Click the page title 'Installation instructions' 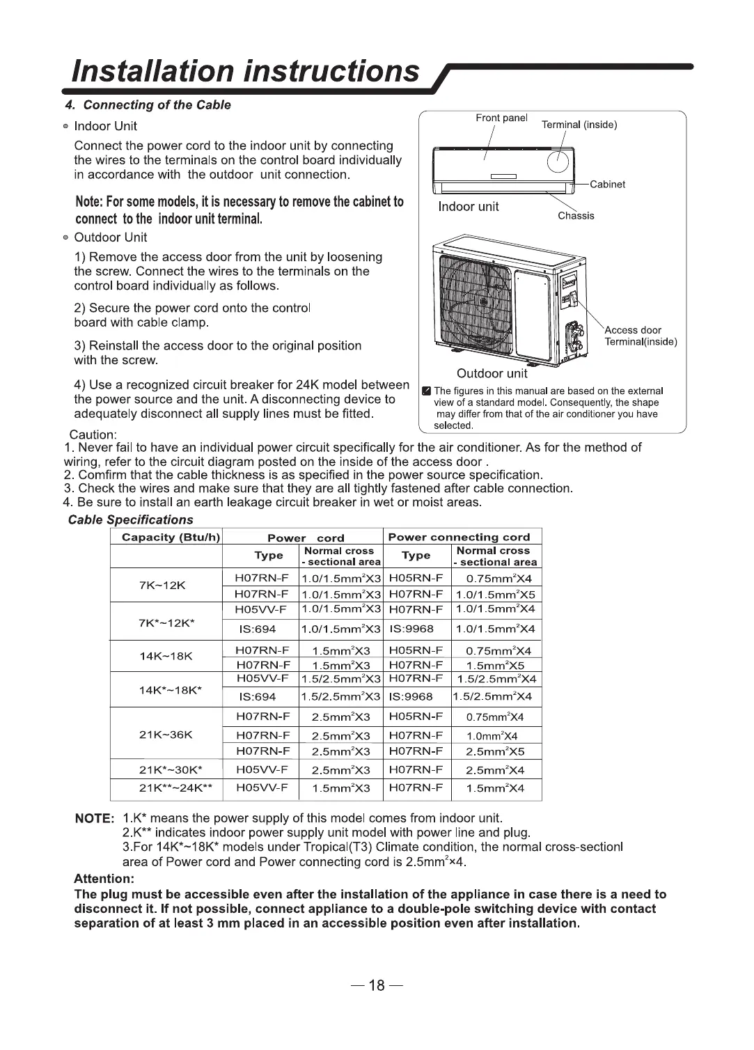click(x=247, y=71)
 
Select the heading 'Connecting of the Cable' click(x=157, y=105)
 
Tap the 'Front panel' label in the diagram click(x=501, y=118)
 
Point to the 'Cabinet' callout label click(x=607, y=185)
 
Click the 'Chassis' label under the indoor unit click(x=576, y=216)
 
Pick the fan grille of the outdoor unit click(x=473, y=299)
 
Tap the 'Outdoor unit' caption click(x=492, y=373)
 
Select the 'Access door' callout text click(x=633, y=330)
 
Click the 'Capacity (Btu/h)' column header click(x=171, y=537)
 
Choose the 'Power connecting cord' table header click(x=459, y=537)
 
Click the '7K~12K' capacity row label click(x=162, y=585)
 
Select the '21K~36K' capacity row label click(x=166, y=735)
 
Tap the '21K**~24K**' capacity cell click(x=175, y=789)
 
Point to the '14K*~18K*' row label click(x=171, y=690)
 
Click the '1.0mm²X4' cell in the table click(x=492, y=736)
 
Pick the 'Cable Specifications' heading click(x=131, y=520)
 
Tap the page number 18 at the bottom click(x=376, y=985)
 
